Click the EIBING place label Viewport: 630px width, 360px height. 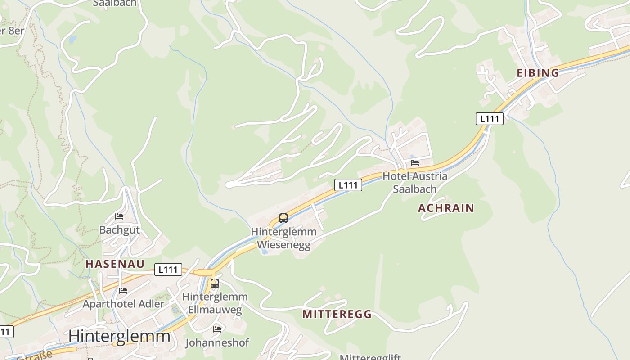(x=538, y=73)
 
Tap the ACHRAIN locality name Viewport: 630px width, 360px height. (x=446, y=208)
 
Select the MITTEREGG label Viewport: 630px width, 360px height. (x=337, y=314)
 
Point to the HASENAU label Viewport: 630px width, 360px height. (x=115, y=264)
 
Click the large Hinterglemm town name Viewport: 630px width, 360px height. (x=119, y=336)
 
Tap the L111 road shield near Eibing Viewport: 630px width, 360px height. (x=489, y=119)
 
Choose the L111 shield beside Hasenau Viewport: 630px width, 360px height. (x=168, y=270)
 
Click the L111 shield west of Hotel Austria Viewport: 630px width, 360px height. (x=348, y=184)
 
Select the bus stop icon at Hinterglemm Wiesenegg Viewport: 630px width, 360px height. (x=283, y=218)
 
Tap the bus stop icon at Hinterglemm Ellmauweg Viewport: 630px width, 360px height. (x=215, y=283)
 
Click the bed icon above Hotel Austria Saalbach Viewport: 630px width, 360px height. (x=415, y=163)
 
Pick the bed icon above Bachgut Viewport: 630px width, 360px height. (x=119, y=216)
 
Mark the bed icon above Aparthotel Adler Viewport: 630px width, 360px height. (x=123, y=291)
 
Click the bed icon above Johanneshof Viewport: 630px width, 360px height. (x=217, y=329)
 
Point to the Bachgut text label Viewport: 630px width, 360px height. (x=119, y=230)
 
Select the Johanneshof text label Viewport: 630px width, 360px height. (x=217, y=343)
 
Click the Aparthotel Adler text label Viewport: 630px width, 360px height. (x=123, y=304)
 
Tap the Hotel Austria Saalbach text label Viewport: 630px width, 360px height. (x=415, y=182)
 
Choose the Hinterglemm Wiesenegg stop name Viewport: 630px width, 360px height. (x=283, y=238)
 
